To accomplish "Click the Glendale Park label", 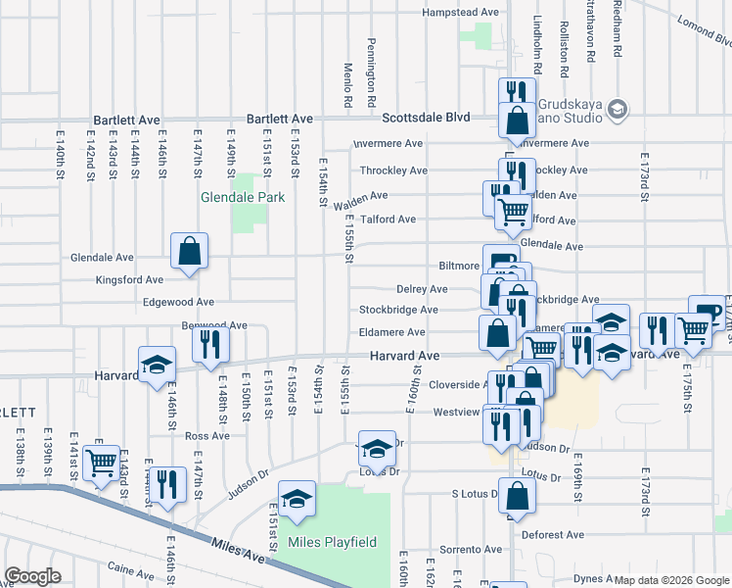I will pyautogui.click(x=243, y=197).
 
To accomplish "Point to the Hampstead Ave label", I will pyautogui.click(x=460, y=13).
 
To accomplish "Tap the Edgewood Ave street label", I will pyautogui.click(x=177, y=303).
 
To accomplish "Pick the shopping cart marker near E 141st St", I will pyautogui.click(x=102, y=462).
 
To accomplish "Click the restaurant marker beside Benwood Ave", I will pyautogui.click(x=210, y=343).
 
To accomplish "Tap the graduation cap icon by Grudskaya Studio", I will pyautogui.click(x=617, y=110).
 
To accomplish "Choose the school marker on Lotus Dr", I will pyautogui.click(x=377, y=449).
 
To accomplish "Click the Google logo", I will pyautogui.click(x=33, y=576).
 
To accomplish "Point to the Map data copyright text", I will pyautogui.click(x=671, y=580).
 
